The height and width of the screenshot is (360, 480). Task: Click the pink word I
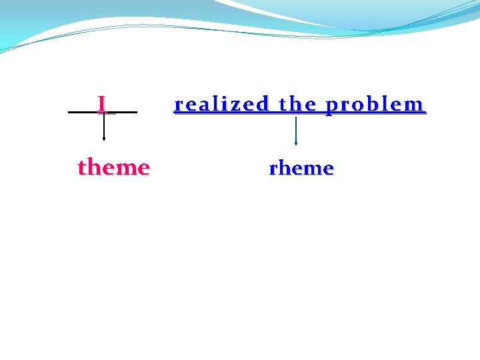coord(102,104)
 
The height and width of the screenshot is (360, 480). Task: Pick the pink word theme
coord(113,167)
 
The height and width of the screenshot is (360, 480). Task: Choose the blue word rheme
coord(301,168)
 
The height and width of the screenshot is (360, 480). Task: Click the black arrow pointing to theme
coord(103,127)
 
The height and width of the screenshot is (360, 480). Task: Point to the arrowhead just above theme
coord(103,139)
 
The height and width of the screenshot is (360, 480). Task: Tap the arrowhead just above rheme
coord(295,143)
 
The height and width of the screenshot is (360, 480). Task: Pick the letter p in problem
coord(331,106)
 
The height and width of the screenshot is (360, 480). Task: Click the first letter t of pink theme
coord(82,167)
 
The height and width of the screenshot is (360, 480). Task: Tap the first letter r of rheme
coord(273,169)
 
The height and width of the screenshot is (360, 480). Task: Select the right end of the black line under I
coord(136,113)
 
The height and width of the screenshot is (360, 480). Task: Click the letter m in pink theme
coord(124,167)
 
